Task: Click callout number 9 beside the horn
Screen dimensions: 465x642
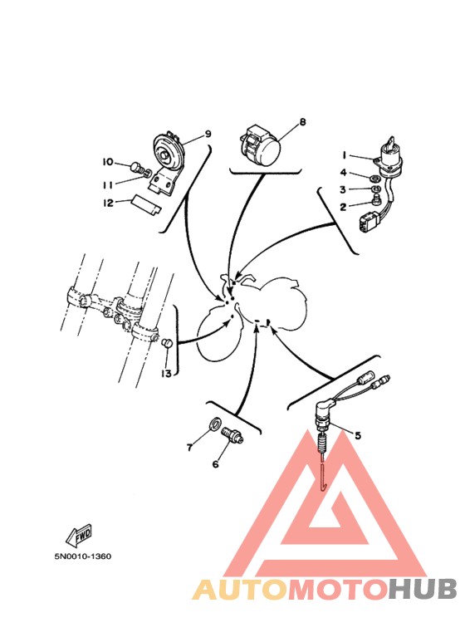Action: click(x=208, y=134)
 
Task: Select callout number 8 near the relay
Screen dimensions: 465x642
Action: click(x=302, y=121)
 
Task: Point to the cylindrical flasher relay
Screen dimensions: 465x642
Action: click(x=259, y=145)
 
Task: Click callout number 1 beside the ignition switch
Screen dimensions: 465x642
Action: click(x=345, y=155)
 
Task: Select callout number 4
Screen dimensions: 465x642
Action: click(x=344, y=173)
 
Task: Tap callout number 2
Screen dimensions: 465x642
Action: click(x=343, y=207)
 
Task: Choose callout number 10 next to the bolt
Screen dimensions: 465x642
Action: click(x=108, y=162)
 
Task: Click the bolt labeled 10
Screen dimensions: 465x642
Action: click(x=136, y=168)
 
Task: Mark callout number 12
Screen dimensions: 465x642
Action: click(x=108, y=203)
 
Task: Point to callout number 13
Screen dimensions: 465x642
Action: click(x=166, y=374)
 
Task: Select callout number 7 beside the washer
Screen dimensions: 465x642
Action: click(x=189, y=448)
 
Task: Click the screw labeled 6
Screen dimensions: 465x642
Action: click(x=232, y=434)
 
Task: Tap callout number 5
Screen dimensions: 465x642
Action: click(x=358, y=435)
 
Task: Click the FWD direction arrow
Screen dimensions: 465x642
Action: click(x=79, y=536)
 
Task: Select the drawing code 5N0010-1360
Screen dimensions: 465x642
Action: click(x=83, y=556)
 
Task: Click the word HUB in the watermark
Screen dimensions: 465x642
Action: click(x=422, y=590)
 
